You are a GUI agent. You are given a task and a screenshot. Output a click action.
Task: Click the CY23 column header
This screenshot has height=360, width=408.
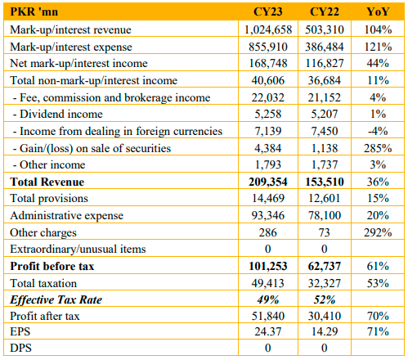pyautogui.click(x=268, y=11)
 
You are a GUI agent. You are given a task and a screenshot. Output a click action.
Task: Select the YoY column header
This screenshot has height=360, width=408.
pyautogui.click(x=378, y=11)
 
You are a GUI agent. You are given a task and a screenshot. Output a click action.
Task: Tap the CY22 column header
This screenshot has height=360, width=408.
pyautogui.click(x=325, y=11)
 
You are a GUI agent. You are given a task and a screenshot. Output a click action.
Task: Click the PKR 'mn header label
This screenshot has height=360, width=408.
pyautogui.click(x=34, y=11)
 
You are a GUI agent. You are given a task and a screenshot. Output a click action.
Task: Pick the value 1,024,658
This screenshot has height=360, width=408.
pyautogui.click(x=268, y=29)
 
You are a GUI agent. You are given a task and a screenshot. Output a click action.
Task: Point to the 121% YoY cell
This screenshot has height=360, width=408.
pyautogui.click(x=378, y=47)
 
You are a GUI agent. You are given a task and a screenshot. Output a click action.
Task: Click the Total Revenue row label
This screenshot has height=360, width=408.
pyautogui.click(x=47, y=182)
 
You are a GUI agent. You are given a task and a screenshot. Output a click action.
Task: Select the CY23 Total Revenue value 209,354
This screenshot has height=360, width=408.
pyautogui.click(x=268, y=182)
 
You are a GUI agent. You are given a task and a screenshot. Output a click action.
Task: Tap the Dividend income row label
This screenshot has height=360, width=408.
pyautogui.click(x=58, y=114)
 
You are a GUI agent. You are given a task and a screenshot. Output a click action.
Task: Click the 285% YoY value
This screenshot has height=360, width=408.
pyautogui.click(x=378, y=148)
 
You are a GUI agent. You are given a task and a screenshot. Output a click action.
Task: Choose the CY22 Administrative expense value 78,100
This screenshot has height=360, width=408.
pyautogui.click(x=325, y=215)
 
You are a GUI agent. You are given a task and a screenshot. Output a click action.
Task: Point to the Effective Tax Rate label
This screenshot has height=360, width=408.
pyautogui.click(x=56, y=299)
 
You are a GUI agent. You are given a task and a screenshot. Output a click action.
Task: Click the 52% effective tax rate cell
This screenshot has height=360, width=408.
pyautogui.click(x=325, y=299)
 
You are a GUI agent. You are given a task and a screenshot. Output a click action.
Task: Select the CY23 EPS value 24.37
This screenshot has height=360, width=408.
pyautogui.click(x=268, y=331)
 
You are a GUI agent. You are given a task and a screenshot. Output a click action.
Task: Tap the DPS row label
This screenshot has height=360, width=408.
pyautogui.click(x=20, y=348)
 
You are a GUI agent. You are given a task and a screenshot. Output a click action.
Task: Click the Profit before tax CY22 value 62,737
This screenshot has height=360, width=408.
pyautogui.click(x=325, y=266)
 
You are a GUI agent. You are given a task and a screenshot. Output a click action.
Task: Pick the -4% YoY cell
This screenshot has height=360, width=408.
pyautogui.click(x=378, y=131)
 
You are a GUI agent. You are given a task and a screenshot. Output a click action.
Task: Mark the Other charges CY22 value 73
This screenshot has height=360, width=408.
pyautogui.click(x=325, y=232)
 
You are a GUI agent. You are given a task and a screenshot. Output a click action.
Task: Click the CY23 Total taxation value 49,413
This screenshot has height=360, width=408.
pyautogui.click(x=268, y=283)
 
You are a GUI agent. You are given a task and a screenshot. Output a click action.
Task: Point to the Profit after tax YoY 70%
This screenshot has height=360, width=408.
pyautogui.click(x=378, y=316)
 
